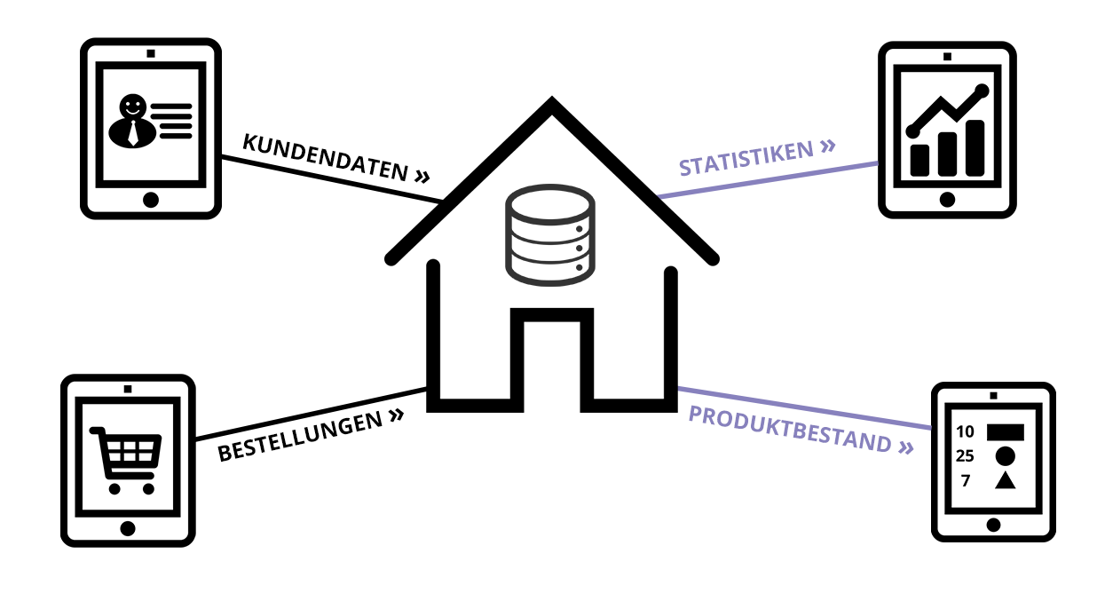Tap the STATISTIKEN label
tap(746, 158)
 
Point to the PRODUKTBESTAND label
tap(790, 430)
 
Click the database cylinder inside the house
tap(550, 235)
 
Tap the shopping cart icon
tap(126, 461)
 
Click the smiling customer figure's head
tap(133, 107)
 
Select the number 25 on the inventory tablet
tap(964, 456)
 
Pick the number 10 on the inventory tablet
tap(965, 431)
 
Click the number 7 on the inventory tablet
tap(966, 480)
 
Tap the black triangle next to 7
tap(1005, 480)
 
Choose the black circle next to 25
tap(1005, 456)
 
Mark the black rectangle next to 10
tap(1005, 432)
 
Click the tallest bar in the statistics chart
tap(975, 148)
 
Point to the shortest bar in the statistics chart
tap(919, 160)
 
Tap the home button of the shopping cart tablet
tap(128, 528)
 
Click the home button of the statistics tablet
tap(947, 200)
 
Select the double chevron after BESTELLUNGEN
tap(397, 415)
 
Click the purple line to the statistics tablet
tap(768, 179)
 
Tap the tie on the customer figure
tap(133, 133)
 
